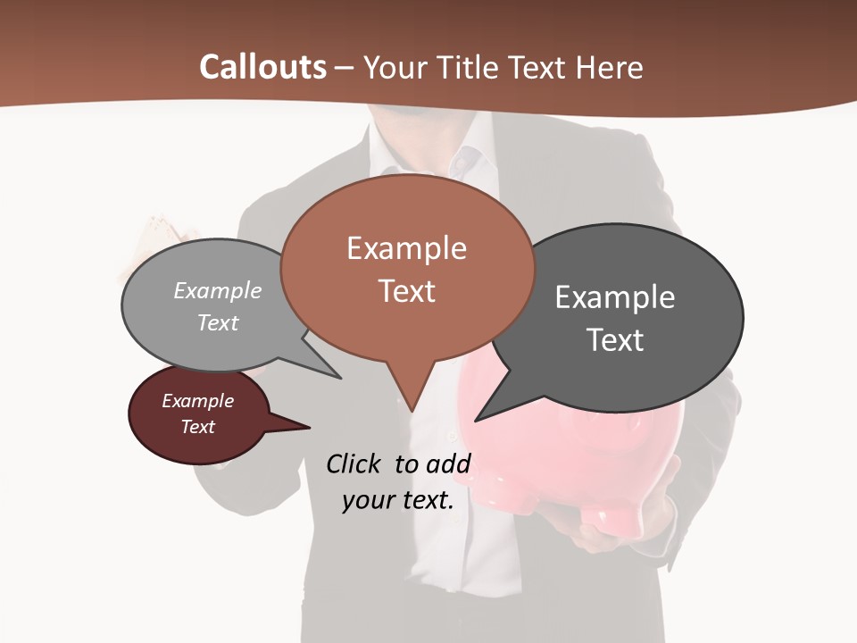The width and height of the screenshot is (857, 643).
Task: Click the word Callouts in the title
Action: (262, 67)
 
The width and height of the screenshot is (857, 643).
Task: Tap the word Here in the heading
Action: (611, 67)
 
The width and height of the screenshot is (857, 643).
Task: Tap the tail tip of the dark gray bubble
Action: (476, 420)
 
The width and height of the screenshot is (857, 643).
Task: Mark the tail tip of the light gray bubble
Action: (339, 378)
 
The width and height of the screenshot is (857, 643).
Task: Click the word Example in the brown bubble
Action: (407, 248)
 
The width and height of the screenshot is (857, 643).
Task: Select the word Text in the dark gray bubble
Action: (615, 340)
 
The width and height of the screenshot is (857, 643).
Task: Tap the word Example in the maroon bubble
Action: (198, 401)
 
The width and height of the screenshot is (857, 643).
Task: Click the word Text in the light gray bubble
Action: (218, 322)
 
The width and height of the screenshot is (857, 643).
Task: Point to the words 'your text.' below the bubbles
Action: (398, 500)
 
